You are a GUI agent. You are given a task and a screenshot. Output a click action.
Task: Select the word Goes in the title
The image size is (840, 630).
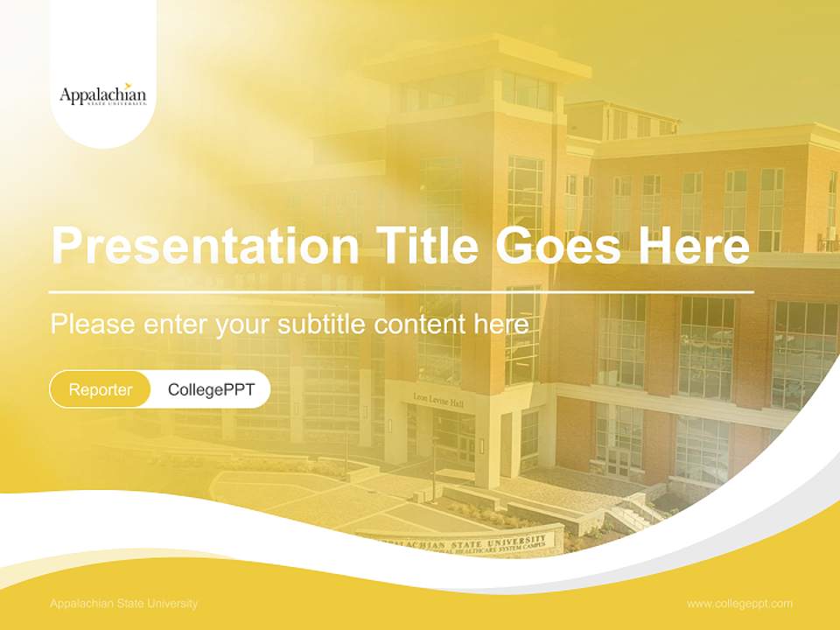(560, 246)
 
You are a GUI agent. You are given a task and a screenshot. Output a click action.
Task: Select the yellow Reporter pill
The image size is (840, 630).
(100, 389)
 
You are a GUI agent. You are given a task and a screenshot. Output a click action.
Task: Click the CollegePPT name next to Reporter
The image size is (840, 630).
(211, 389)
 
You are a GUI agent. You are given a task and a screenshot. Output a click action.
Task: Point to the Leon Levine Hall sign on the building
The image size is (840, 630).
(438, 401)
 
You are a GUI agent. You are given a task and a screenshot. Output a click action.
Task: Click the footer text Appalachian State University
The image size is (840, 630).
(123, 604)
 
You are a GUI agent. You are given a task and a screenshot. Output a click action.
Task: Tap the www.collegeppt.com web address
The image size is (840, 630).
(739, 604)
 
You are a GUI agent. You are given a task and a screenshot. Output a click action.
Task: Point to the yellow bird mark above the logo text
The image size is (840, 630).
(129, 85)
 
